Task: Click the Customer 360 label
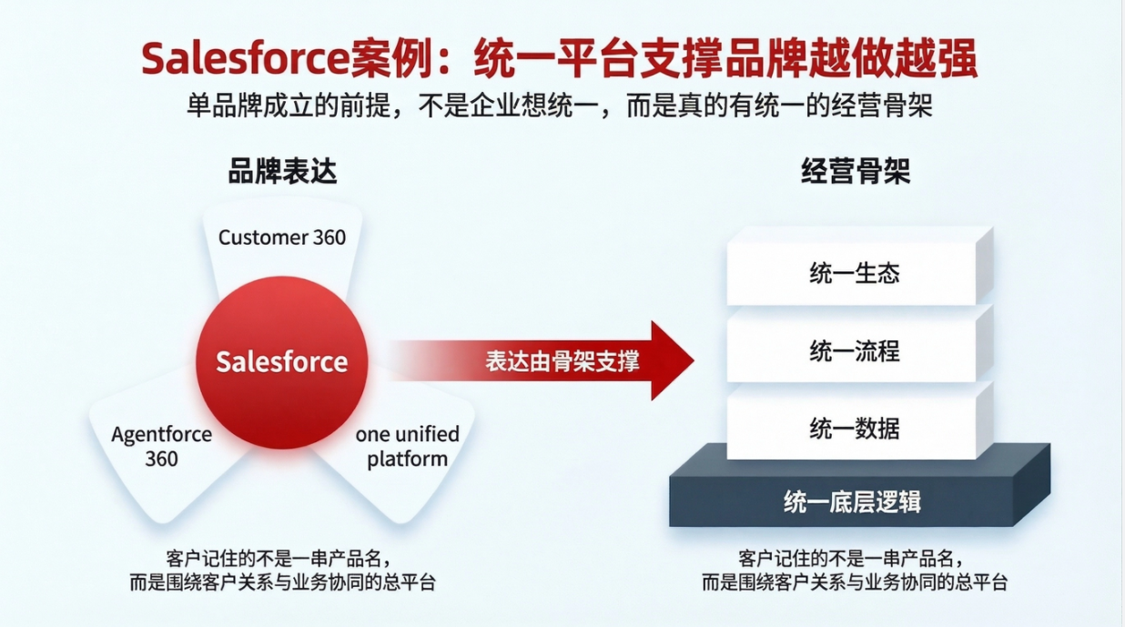pyautogui.click(x=282, y=238)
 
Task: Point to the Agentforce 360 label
pyautogui.click(x=161, y=446)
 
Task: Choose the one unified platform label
pyautogui.click(x=407, y=446)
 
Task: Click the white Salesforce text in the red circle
pyautogui.click(x=281, y=361)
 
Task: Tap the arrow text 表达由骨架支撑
pyautogui.click(x=562, y=361)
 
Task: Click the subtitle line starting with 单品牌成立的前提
pyautogui.click(x=560, y=106)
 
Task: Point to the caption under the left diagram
pyautogui.click(x=282, y=570)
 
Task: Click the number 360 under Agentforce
pyautogui.click(x=161, y=459)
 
